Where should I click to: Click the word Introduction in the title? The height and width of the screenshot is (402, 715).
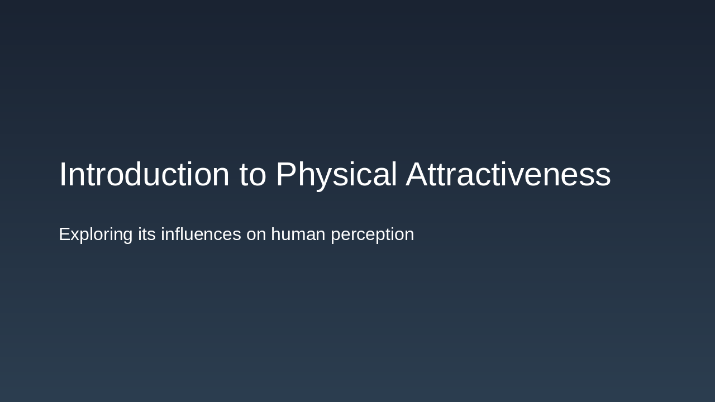[144, 175]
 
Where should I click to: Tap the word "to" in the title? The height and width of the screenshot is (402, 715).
[253, 175]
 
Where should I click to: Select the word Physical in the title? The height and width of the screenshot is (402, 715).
[336, 175]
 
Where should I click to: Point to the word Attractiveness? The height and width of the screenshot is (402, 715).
[508, 175]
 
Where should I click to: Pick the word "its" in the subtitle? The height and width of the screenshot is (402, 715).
[147, 234]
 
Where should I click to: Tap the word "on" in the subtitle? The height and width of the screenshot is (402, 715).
[256, 234]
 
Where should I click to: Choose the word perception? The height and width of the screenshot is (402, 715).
[372, 234]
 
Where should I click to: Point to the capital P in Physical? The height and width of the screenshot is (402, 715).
[286, 175]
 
